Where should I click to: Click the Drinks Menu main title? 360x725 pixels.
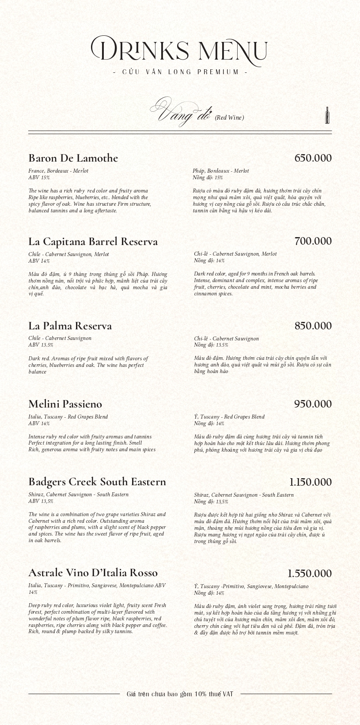(179, 49)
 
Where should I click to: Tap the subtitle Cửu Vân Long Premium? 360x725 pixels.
(180, 72)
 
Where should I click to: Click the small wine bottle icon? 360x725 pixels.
(327, 115)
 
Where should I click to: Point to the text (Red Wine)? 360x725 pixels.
(229, 117)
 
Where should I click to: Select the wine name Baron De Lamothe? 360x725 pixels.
(73, 158)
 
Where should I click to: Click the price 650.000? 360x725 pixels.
(313, 158)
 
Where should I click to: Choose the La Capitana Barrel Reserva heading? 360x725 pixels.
(93, 242)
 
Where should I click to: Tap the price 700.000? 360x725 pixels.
(313, 241)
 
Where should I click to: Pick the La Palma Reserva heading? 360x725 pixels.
(70, 326)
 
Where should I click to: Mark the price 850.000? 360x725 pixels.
(313, 326)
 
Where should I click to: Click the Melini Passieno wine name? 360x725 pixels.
(65, 404)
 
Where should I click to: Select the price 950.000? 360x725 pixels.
(313, 404)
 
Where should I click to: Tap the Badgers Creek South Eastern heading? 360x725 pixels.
(97, 482)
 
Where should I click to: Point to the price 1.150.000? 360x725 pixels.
(310, 482)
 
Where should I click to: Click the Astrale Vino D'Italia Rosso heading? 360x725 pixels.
(93, 573)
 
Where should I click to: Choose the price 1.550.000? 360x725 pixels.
(309, 574)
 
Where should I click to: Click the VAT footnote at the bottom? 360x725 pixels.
(180, 694)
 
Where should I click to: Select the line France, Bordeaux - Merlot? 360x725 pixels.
(58, 171)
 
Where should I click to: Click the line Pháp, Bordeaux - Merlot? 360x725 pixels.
(221, 171)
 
